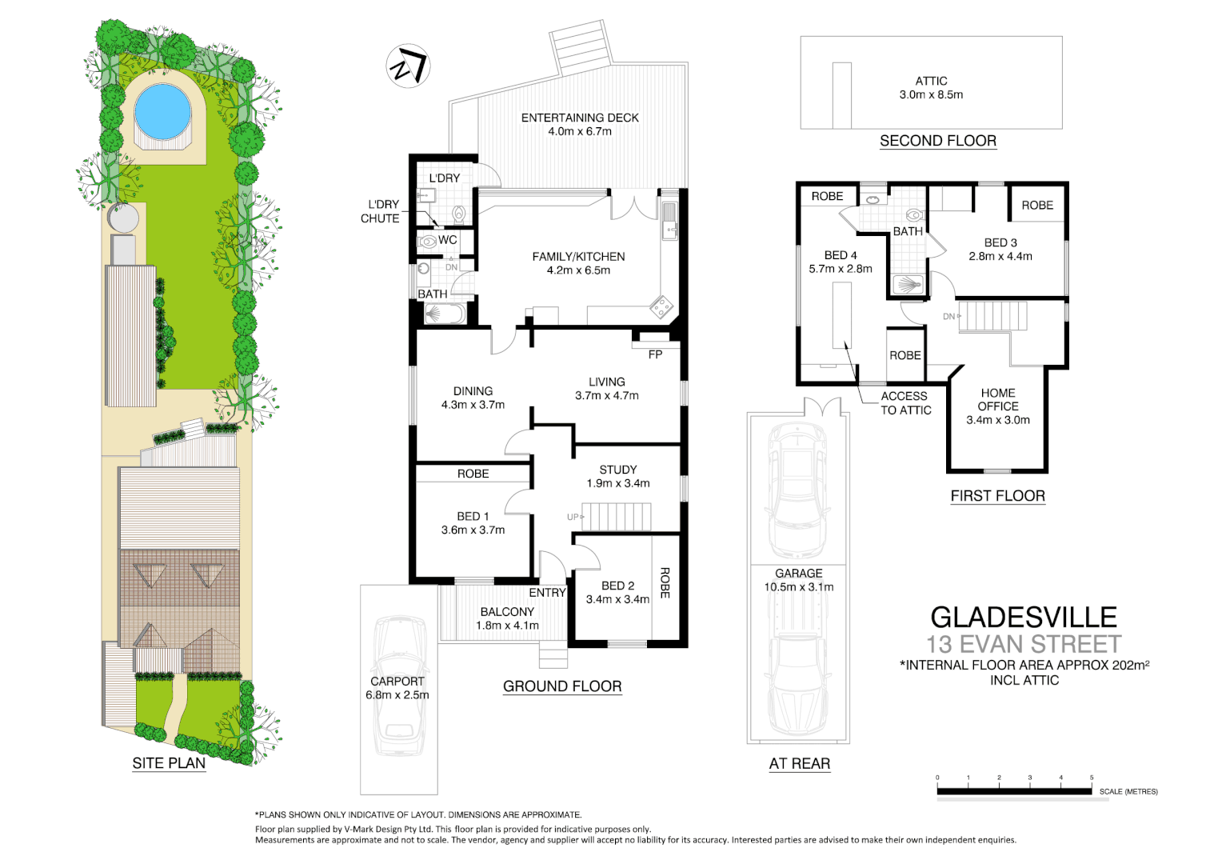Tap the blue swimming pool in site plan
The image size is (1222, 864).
162,111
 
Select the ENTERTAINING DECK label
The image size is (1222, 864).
580,124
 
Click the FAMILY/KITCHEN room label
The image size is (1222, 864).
578,263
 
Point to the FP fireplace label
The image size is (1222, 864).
655,354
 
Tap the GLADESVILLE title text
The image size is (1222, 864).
1023,617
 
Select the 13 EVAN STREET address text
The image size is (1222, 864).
1023,644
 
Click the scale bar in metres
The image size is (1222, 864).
1014,791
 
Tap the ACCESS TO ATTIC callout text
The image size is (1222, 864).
905,403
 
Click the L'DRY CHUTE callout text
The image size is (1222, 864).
381,211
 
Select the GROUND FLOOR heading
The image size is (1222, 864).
562,686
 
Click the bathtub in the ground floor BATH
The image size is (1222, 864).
444,314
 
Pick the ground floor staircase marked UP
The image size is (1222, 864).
616,517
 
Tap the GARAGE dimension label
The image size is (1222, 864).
798,580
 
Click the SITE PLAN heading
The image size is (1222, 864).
169,763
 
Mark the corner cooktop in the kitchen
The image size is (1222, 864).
661,306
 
